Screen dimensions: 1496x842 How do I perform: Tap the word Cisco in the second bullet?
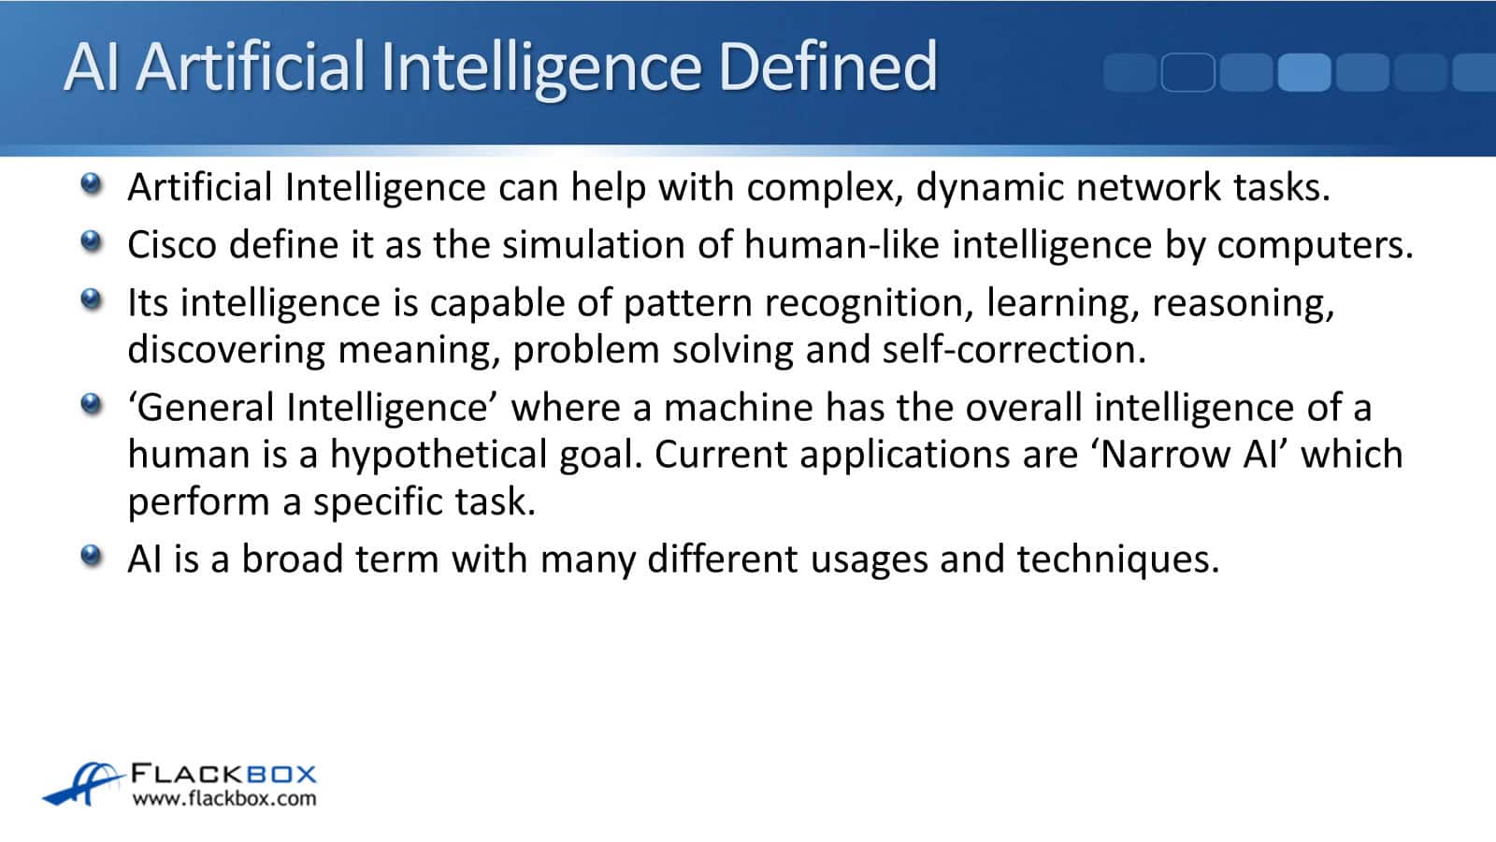click(x=172, y=244)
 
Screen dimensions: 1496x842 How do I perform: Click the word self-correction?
click(x=1014, y=350)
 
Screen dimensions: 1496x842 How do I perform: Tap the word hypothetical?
click(x=439, y=456)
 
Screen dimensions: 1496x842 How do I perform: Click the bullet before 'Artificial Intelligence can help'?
click(x=91, y=183)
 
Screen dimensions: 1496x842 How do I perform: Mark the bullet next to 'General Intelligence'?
click(x=91, y=403)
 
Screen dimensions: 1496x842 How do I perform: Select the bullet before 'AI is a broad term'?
click(x=91, y=555)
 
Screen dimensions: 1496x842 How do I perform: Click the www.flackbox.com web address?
click(x=224, y=799)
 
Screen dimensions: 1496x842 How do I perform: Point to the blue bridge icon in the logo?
click(x=83, y=784)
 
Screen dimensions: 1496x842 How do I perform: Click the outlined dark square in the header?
click(x=1188, y=72)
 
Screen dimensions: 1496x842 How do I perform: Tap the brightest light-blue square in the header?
click(x=1304, y=72)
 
